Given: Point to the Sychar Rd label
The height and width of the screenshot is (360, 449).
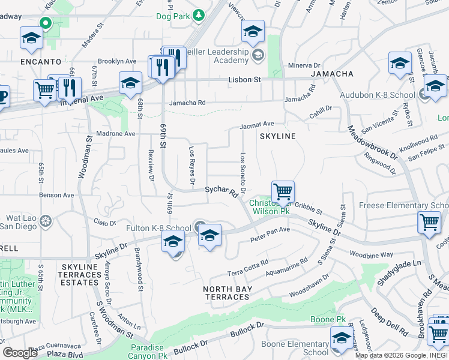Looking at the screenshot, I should pyautogui.click(x=221, y=190).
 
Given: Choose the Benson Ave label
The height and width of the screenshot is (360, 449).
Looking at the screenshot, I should pyautogui.click(x=56, y=195).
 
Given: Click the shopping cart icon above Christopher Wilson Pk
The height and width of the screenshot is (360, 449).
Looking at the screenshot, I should pyautogui.click(x=283, y=192).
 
